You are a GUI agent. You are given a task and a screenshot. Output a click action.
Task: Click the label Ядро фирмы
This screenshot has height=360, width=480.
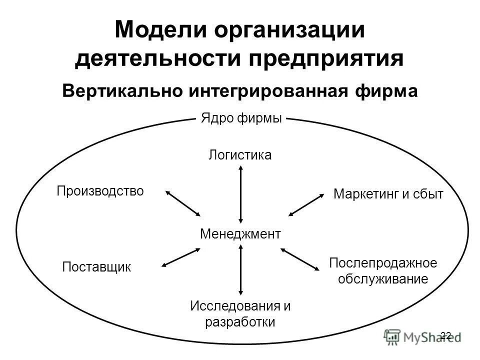point(241,118)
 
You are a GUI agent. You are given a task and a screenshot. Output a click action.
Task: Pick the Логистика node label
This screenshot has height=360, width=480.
point(240,155)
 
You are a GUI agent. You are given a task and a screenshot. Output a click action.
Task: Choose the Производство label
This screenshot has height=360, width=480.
point(100,190)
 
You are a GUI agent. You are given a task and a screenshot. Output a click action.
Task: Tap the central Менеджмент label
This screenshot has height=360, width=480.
point(240,233)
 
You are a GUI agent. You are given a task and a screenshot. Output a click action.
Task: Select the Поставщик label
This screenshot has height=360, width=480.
point(96,266)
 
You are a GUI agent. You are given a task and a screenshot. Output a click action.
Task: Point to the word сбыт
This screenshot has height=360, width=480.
point(429,194)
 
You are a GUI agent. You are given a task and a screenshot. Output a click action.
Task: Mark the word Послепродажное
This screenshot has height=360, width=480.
point(383,262)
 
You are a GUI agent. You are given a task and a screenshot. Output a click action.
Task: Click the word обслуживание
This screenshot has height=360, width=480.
point(383,278)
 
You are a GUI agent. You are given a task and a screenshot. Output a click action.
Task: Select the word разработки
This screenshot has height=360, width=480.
point(240,321)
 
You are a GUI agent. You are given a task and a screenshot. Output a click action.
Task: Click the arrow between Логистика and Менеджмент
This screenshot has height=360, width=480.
point(241,194)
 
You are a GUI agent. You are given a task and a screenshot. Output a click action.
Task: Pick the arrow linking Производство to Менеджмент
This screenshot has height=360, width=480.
point(183,203)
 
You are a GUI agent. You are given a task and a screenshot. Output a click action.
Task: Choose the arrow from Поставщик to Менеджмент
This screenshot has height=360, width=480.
point(181,257)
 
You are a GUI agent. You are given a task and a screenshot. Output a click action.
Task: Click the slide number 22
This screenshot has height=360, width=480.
point(446,335)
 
